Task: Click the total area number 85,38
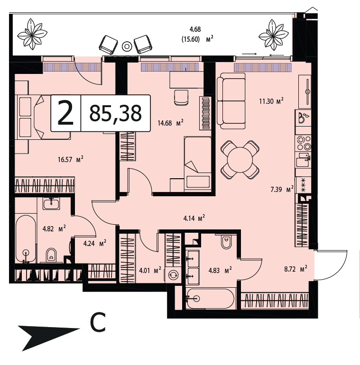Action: tap(116, 113)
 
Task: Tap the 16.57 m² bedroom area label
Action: tap(71, 159)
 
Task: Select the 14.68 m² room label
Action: tap(170, 123)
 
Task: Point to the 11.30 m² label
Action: tap(271, 101)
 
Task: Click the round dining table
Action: tap(240, 160)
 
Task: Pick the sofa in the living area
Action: tap(231, 101)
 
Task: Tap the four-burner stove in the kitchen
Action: tap(304, 143)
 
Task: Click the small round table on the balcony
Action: tap(127, 46)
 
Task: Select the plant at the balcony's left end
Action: tap(32, 34)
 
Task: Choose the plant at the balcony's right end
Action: tap(274, 35)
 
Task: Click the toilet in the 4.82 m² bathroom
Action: tap(51, 255)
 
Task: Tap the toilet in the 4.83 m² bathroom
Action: tap(226, 242)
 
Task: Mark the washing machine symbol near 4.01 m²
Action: tap(173, 274)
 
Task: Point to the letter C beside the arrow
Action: tap(98, 322)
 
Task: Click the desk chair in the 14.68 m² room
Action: tap(181, 98)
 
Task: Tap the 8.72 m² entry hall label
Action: tap(295, 269)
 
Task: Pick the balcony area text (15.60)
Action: tap(191, 39)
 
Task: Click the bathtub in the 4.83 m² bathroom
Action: tap(210, 299)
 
